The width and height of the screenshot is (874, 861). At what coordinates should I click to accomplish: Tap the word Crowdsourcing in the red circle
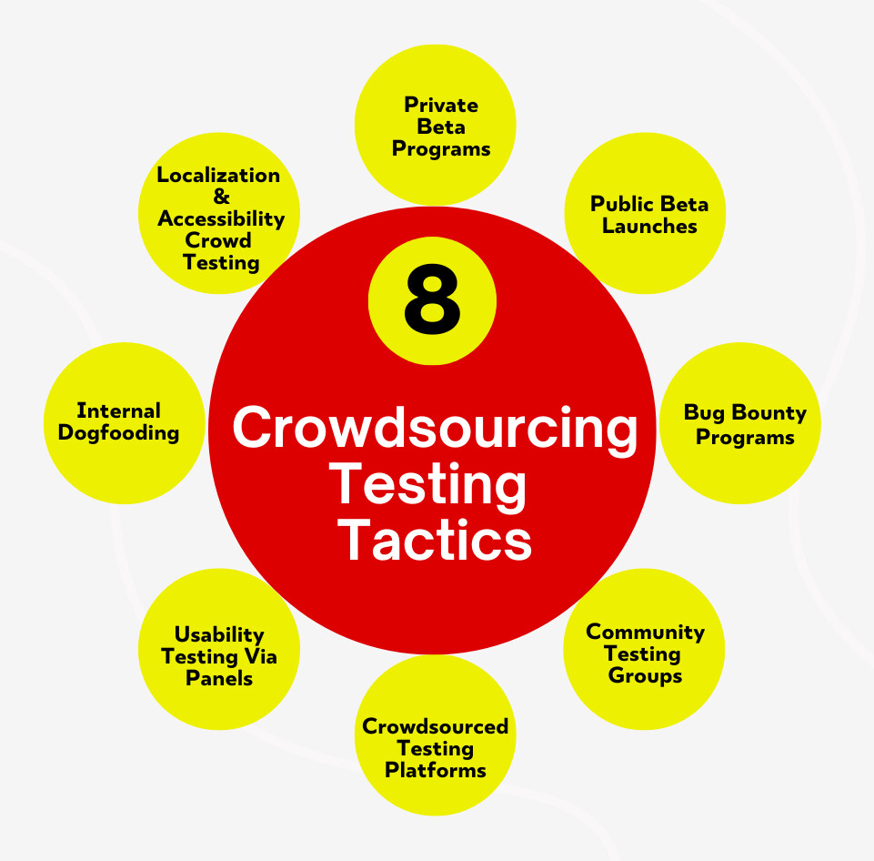pyautogui.click(x=435, y=429)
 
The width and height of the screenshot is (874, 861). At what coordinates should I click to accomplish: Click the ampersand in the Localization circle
pyautogui.click(x=219, y=197)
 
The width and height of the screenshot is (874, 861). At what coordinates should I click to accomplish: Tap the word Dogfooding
pyautogui.click(x=118, y=433)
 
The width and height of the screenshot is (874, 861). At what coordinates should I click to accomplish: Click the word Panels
pyautogui.click(x=219, y=678)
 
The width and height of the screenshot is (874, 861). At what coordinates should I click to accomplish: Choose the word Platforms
pyautogui.click(x=435, y=770)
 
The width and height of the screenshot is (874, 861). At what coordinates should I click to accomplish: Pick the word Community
pyautogui.click(x=645, y=632)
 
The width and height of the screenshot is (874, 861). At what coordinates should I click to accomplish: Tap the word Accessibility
pyautogui.click(x=221, y=218)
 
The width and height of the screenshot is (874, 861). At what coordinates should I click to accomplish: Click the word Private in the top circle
pyautogui.click(x=441, y=105)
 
